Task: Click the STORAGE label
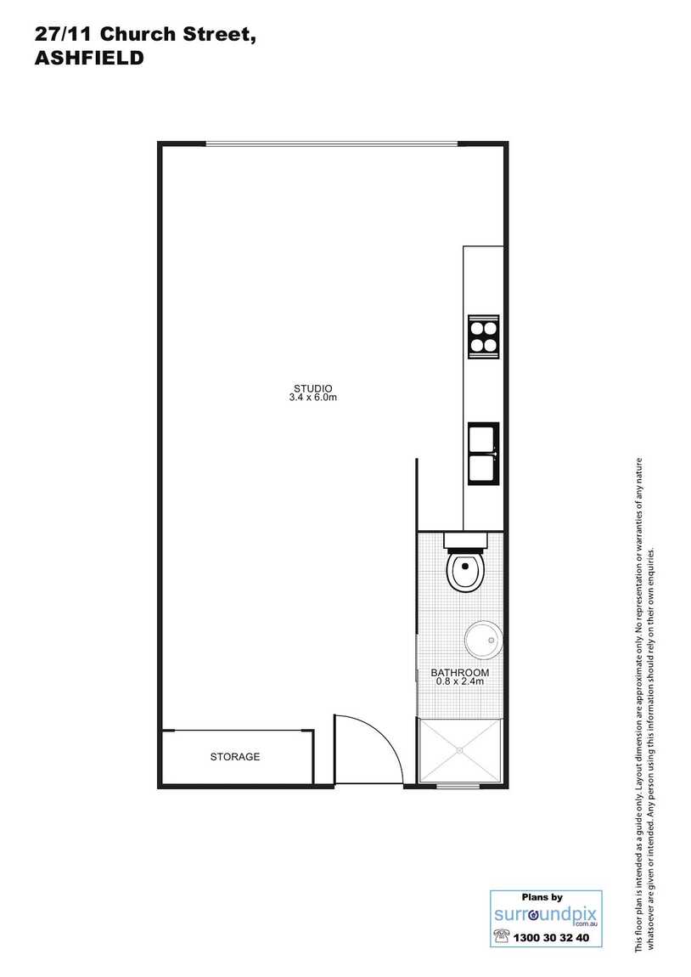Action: coord(235,756)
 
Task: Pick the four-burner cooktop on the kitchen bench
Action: coord(484,336)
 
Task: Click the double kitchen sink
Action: coord(484,454)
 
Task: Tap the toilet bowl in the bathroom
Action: coord(464,573)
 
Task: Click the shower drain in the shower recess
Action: coord(460,749)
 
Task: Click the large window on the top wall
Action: coord(333,144)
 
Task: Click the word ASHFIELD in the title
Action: coord(88,59)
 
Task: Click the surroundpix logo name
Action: coord(546,914)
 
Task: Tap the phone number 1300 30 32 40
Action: coord(558,938)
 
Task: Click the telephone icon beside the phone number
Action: coord(502,936)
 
